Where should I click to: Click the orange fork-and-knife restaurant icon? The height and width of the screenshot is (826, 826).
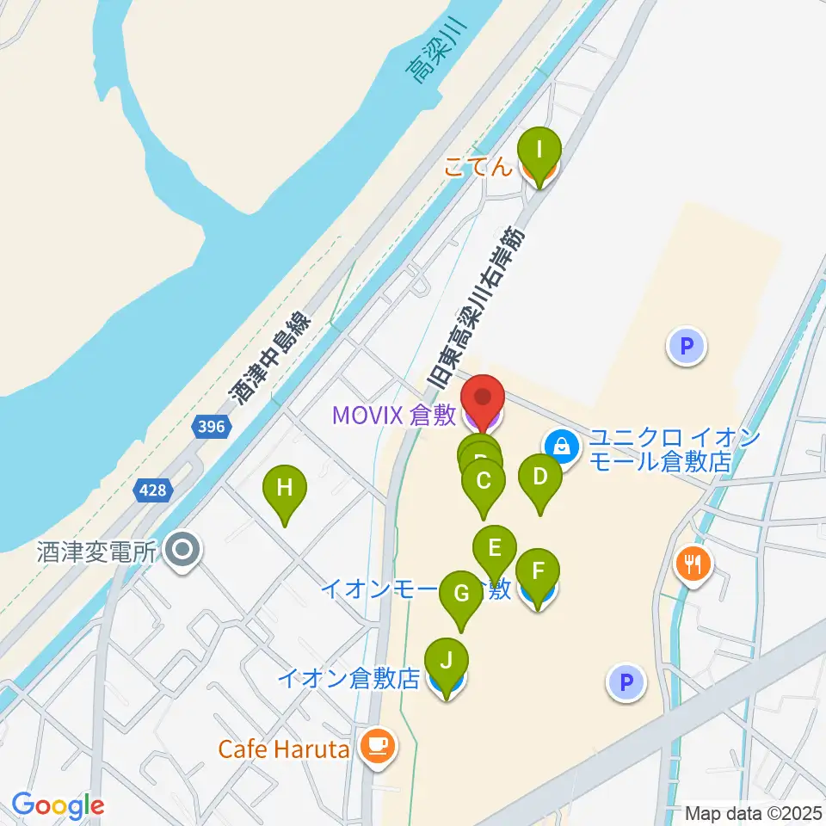693,564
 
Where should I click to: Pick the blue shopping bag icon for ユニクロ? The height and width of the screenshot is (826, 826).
561,446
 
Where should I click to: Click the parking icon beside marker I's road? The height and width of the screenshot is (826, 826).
686,347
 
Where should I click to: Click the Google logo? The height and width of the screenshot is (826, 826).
58,805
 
